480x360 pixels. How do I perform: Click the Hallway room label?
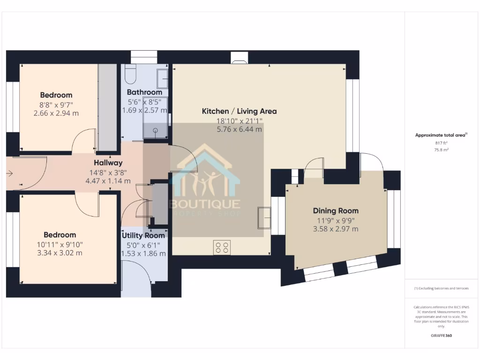pos(108,163)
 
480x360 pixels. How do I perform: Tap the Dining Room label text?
pos(335,211)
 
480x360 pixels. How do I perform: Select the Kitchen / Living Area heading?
pos(239,112)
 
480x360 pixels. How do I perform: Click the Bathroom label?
pos(144,92)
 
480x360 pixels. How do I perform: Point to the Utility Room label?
pos(143,235)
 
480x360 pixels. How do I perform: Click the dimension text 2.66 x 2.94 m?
pos(56,113)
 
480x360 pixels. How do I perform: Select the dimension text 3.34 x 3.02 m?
pos(60,253)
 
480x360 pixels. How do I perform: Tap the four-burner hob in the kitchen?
pos(222,247)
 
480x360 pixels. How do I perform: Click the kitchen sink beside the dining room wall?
pos(263,217)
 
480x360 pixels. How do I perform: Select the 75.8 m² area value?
pos(441,150)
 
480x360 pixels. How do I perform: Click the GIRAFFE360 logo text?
pos(441,336)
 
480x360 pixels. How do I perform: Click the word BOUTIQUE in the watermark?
pos(204,204)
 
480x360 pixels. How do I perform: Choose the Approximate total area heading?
pos(441,135)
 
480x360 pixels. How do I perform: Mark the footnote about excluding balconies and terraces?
pos(441,288)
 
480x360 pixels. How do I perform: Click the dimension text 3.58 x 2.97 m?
pos(336,229)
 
